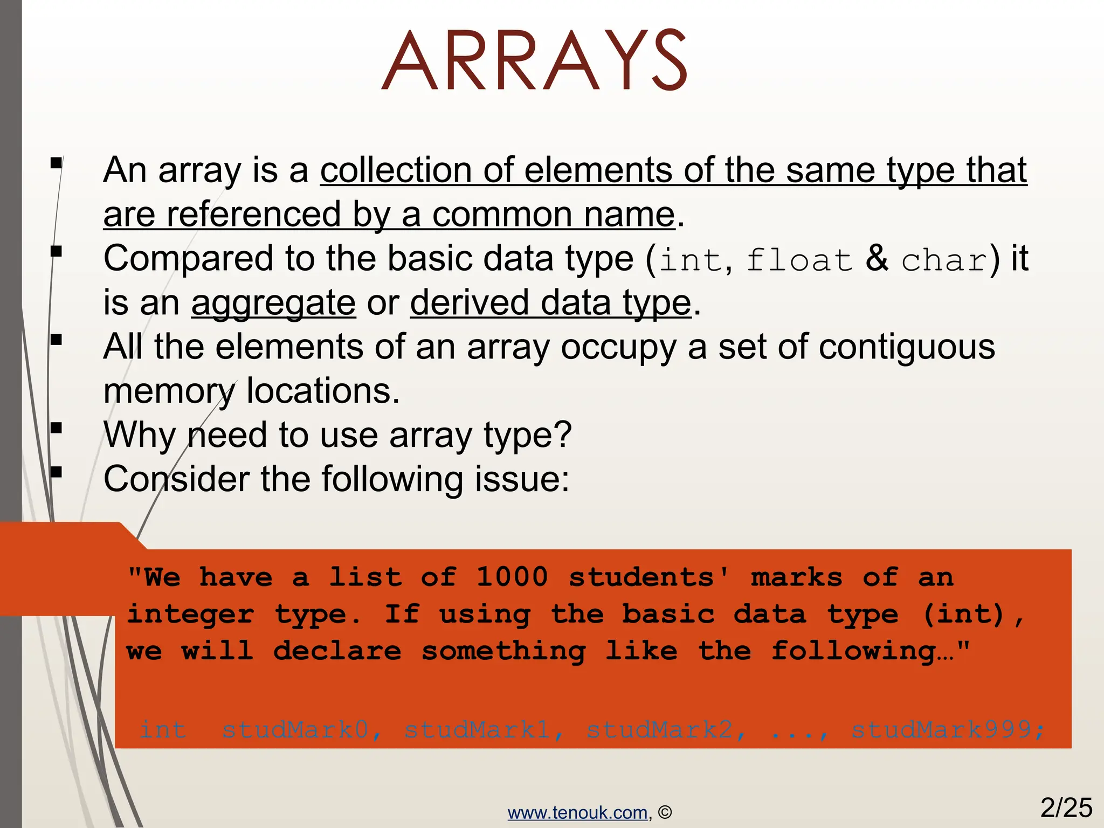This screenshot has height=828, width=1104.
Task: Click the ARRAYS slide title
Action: coord(534,60)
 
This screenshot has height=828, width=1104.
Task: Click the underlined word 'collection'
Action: coord(396,170)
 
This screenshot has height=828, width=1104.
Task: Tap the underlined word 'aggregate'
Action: coord(273,303)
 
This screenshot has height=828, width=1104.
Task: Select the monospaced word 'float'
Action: coord(799,260)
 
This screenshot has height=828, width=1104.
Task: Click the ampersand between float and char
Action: coord(877,258)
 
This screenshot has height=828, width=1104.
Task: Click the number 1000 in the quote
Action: coord(512,577)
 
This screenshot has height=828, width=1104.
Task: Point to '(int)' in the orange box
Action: coord(964,614)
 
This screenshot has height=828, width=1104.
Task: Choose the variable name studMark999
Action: coord(941,730)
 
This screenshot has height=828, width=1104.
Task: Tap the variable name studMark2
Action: coord(659,730)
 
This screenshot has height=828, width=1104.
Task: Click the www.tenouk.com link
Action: coord(577,812)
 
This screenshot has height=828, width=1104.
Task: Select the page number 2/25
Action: coord(1066,808)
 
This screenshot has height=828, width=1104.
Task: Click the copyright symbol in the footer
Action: coord(665,812)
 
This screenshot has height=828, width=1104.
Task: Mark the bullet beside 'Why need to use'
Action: coord(56,429)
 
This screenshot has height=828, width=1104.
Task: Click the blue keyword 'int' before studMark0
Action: coord(163,730)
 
